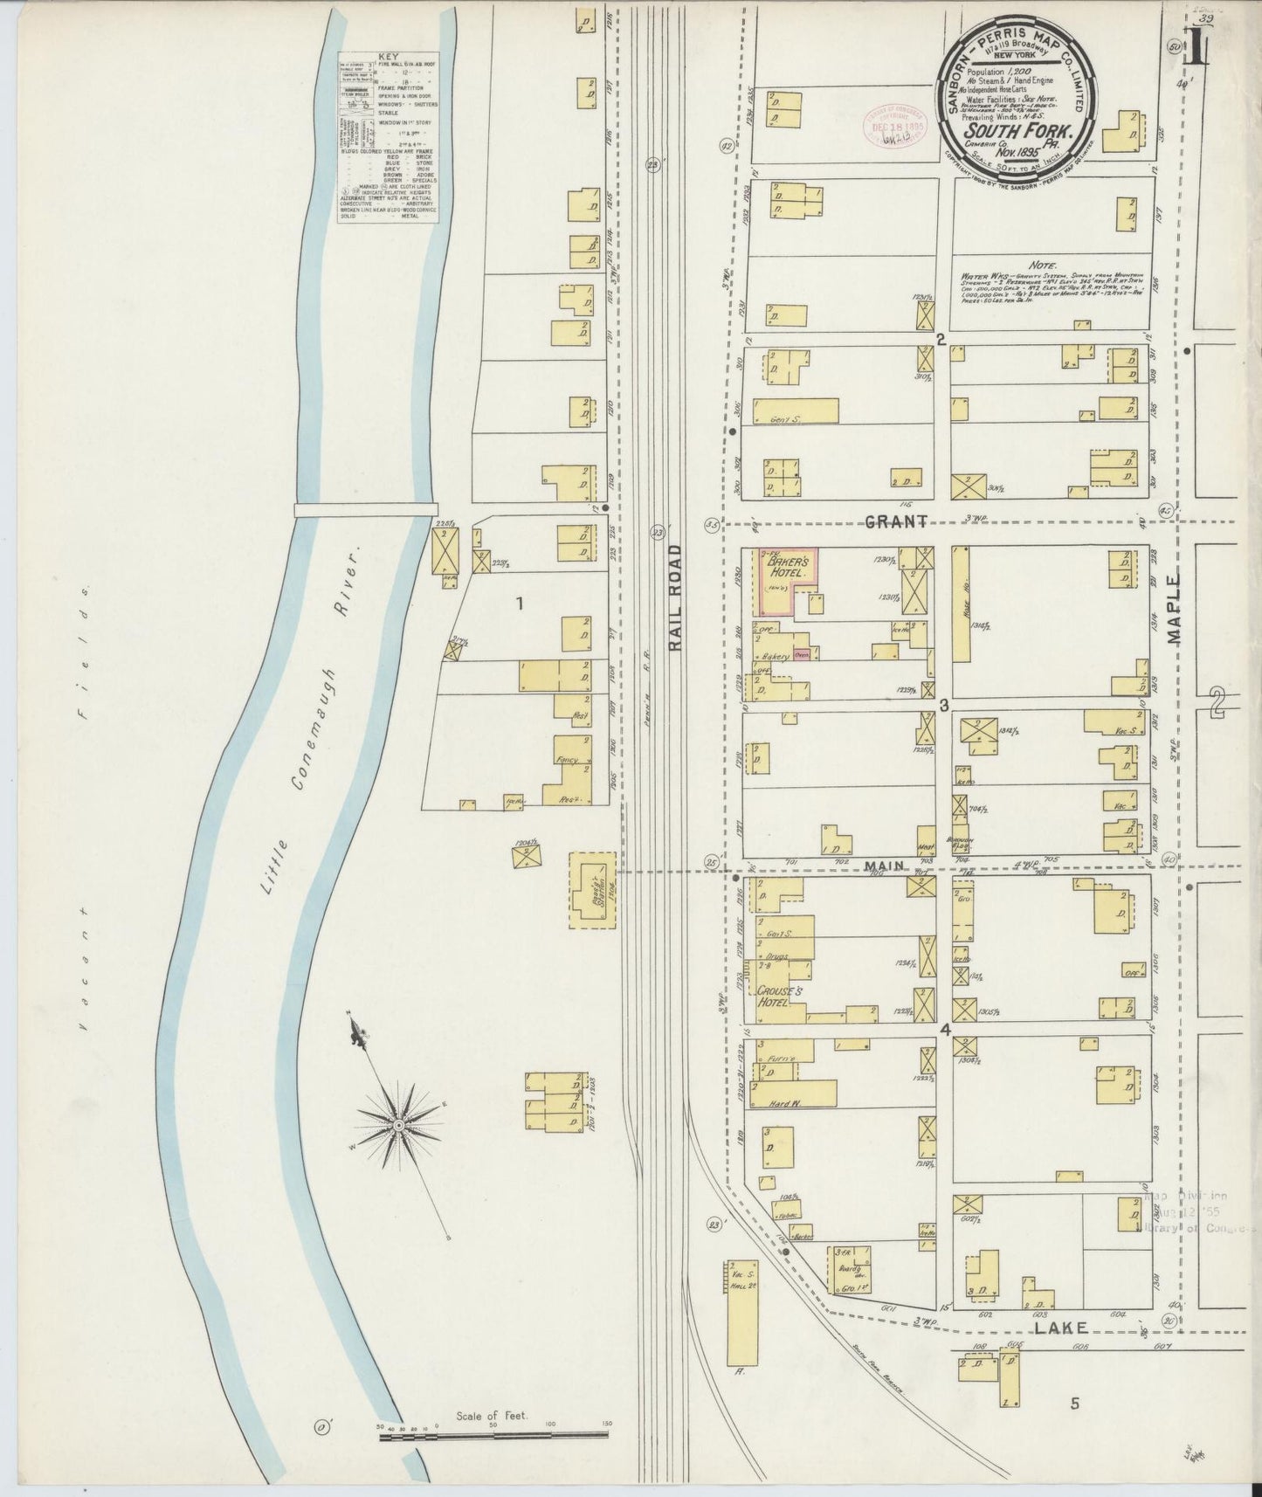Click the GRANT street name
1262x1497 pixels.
[x=894, y=521]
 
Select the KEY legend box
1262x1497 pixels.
[x=387, y=138]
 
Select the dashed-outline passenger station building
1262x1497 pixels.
[x=593, y=891]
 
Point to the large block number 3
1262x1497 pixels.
[x=944, y=705]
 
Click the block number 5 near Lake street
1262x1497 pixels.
[x=1075, y=1404]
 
